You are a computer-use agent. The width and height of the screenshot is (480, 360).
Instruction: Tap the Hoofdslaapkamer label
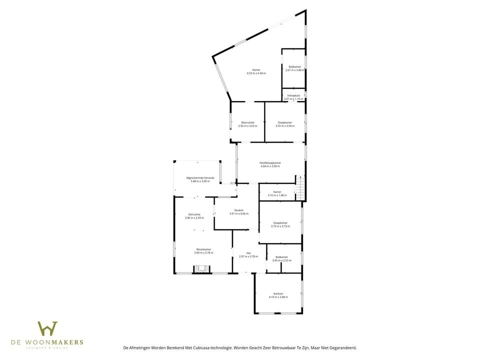pyautogui.click(x=270, y=163)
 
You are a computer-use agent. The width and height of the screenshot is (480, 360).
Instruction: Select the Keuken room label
pyautogui.click(x=238, y=210)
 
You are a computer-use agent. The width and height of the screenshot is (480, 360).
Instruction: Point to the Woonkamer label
pyautogui.click(x=203, y=249)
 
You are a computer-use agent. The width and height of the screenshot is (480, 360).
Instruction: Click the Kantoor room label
pyautogui.click(x=278, y=293)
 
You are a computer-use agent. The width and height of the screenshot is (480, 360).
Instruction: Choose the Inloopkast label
pyautogui.click(x=293, y=95)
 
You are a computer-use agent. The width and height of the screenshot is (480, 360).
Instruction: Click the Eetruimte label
pyautogui.click(x=194, y=214)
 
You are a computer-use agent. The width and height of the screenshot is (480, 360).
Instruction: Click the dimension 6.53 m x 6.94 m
pyautogui.click(x=256, y=73)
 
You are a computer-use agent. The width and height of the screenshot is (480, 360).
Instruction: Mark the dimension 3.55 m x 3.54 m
pyautogui.click(x=284, y=126)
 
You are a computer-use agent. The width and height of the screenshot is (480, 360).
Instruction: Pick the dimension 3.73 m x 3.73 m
pyautogui.click(x=280, y=226)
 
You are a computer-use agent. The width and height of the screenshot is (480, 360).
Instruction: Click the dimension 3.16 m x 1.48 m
pyautogui.click(x=277, y=195)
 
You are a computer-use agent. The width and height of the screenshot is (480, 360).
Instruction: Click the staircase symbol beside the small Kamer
pyautogui.click(x=300, y=189)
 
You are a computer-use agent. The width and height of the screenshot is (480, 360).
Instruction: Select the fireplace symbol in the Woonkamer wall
pyautogui.click(x=202, y=269)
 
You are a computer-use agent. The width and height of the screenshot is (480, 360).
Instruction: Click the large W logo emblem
pyautogui.click(x=47, y=328)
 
